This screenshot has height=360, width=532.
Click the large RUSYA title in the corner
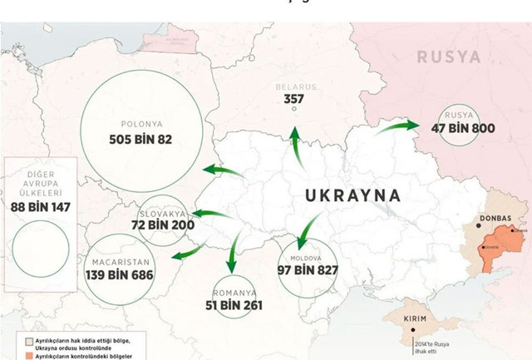tap(448, 57)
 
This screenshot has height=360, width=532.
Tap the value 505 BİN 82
tap(140, 139)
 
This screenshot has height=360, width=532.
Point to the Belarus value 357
tap(293, 100)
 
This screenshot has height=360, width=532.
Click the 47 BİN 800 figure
tap(463, 129)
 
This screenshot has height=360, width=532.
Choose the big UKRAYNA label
tap(352, 196)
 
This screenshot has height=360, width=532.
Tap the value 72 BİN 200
tap(163, 225)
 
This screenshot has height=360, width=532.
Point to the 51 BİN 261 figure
tap(234, 305)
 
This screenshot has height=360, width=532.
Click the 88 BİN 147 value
tap(41, 207)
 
